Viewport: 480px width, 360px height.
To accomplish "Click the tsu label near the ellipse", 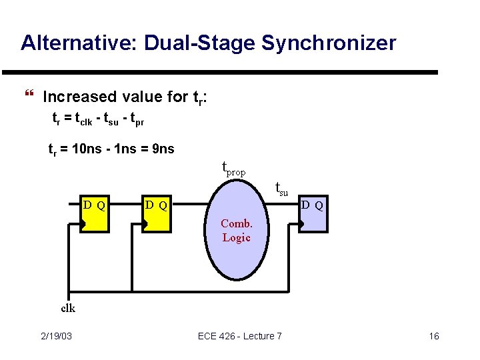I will (281, 190).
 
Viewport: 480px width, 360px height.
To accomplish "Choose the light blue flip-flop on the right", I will (313, 213).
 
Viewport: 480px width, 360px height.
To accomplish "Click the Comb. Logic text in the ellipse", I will (236, 231).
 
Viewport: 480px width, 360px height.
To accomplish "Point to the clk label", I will (68, 307).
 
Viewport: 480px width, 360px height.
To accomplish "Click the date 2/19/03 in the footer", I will (57, 336).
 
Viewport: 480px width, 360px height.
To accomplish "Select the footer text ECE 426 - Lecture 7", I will (240, 336).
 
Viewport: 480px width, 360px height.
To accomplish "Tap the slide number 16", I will (434, 336).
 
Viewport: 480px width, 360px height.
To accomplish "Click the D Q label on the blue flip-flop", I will (312, 205).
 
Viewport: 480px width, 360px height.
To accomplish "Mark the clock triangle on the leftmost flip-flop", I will (83, 226).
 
